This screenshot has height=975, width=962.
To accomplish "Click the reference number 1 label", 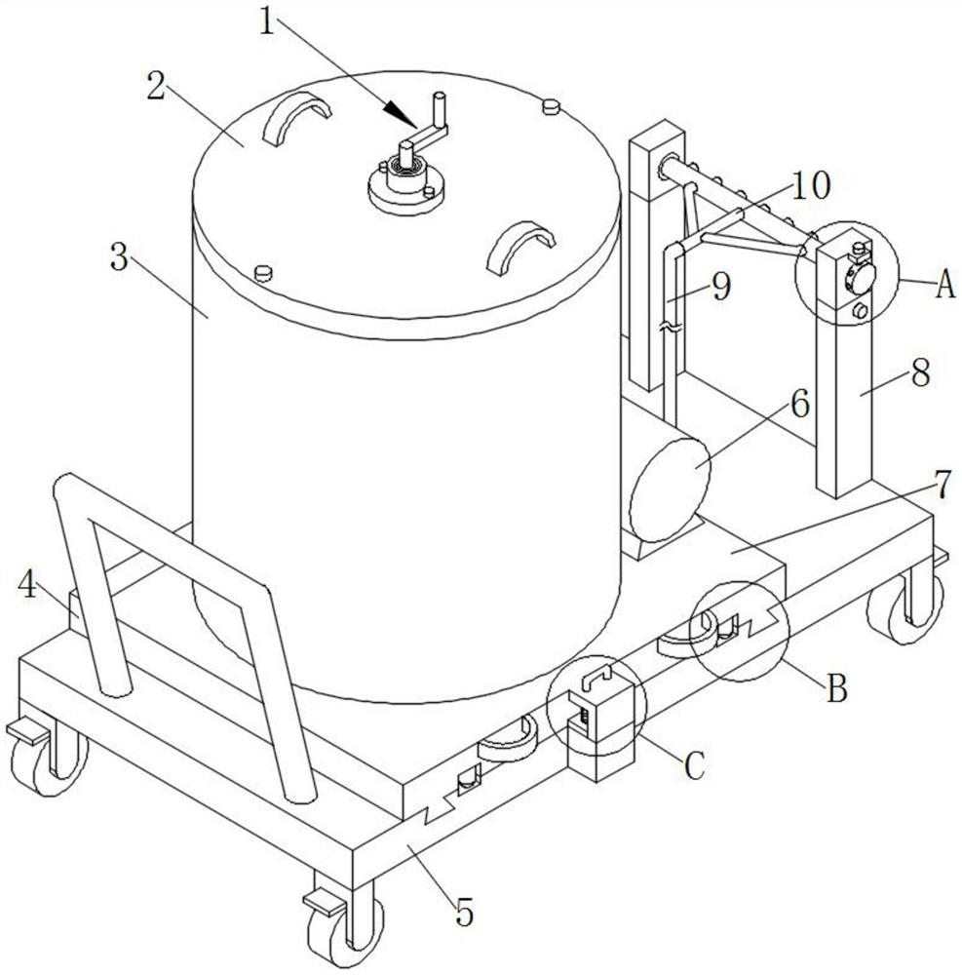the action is tap(267, 23).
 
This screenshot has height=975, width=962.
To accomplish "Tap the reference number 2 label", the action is tap(156, 86).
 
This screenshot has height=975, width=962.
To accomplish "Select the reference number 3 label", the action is tap(119, 256).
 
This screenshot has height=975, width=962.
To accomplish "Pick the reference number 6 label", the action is tap(800, 404).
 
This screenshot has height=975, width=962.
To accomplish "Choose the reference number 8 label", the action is tap(920, 372).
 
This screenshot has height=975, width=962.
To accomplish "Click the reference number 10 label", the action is tap(810, 184).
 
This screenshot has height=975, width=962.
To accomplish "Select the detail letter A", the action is tap(944, 286).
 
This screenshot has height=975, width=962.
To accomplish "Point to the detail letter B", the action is tap(836, 689).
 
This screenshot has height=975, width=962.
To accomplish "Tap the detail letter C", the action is tap(694, 765).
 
